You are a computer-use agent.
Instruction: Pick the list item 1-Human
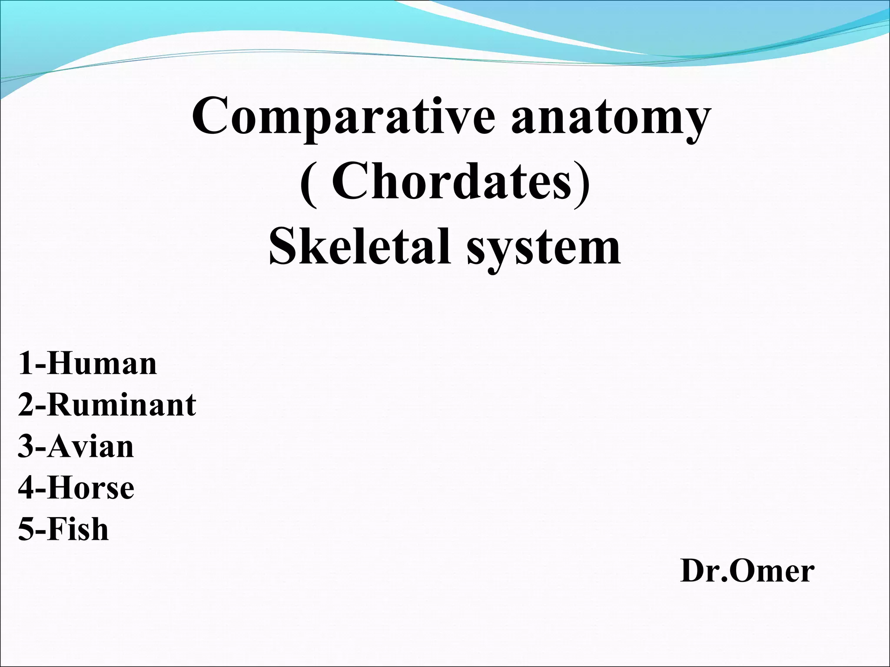(x=87, y=363)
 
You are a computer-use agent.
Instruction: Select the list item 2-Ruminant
(x=107, y=405)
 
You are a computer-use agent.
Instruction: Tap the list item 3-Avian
(x=76, y=446)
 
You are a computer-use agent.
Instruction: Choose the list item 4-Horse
(x=76, y=488)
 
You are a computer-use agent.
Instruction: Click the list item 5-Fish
(x=63, y=529)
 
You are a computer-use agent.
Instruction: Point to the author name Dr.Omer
(x=747, y=571)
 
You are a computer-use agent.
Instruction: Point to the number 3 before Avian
(x=25, y=447)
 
